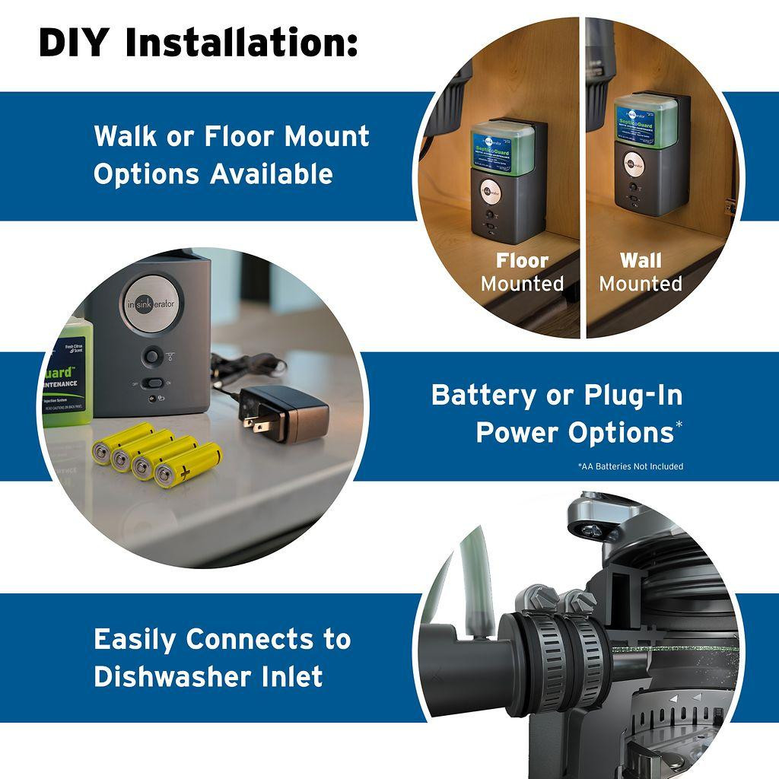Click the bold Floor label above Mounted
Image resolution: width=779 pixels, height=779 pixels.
click(522, 261)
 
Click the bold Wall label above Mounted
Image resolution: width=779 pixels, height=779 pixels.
click(641, 261)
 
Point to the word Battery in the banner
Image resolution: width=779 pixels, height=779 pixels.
click(483, 396)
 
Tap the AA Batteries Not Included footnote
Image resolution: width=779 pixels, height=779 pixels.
click(630, 466)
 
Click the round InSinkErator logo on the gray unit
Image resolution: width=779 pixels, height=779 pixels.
click(154, 303)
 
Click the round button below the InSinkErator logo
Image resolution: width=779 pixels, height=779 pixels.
click(153, 355)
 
